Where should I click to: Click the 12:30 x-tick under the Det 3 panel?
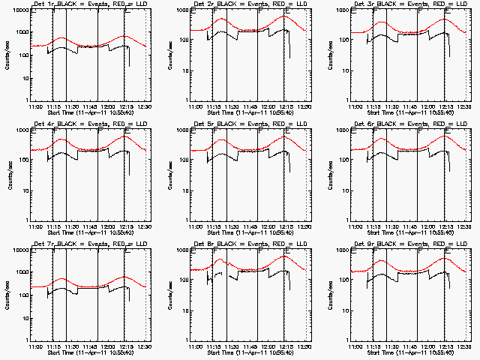coord(466,106)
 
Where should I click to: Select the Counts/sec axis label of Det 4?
coord(9,174)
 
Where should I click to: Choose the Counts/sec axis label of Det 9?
coord(330,294)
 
